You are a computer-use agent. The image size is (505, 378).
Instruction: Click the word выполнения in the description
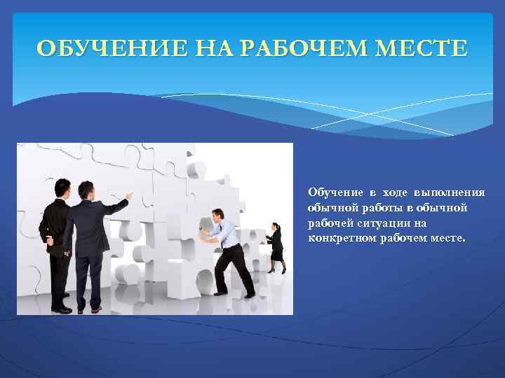tap(451, 192)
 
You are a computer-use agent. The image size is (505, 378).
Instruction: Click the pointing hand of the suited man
tap(129, 197)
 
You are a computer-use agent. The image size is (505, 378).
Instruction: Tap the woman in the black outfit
tap(276, 246)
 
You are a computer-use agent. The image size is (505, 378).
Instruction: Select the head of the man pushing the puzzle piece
tap(219, 215)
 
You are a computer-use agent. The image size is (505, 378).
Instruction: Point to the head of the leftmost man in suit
tap(62, 189)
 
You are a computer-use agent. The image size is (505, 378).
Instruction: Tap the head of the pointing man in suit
tap(86, 190)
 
